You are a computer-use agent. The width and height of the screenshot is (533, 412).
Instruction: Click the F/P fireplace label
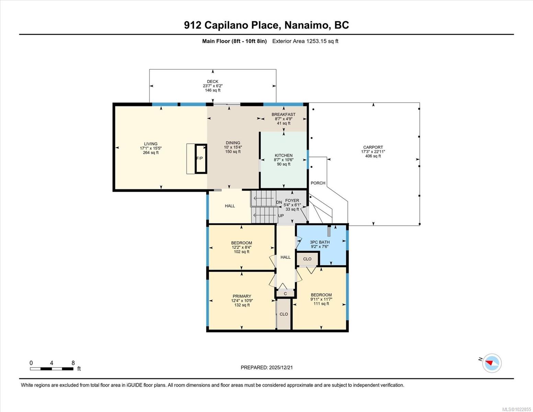click(199, 158)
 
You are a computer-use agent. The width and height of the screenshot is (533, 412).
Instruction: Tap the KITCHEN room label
click(283, 156)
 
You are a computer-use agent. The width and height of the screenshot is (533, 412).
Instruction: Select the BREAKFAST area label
click(283, 114)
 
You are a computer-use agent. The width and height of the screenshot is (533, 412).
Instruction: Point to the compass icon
click(491, 363)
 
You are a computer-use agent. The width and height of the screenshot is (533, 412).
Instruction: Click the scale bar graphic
click(51, 369)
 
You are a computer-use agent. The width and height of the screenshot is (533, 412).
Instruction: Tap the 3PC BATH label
click(320, 242)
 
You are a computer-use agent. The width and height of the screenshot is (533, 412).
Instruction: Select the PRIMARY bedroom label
click(242, 296)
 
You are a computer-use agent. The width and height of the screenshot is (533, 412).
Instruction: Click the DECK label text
click(212, 81)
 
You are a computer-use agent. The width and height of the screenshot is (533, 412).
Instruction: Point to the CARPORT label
click(373, 147)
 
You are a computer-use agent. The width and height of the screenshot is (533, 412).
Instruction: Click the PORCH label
click(318, 183)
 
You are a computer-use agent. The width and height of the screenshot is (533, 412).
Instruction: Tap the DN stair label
click(279, 202)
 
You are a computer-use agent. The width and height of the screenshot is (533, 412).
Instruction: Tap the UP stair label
click(281, 216)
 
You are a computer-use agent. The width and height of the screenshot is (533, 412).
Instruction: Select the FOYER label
click(292, 201)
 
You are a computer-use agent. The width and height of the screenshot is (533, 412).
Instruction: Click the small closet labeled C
click(285, 294)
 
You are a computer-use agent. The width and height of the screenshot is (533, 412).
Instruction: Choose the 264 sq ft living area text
click(151, 153)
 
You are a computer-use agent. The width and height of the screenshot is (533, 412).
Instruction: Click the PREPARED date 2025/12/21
click(267, 367)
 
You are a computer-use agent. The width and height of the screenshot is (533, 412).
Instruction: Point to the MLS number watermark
click(516, 409)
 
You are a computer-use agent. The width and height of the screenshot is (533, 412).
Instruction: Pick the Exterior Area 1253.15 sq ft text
click(305, 41)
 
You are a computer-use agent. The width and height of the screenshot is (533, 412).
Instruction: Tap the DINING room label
click(233, 143)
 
